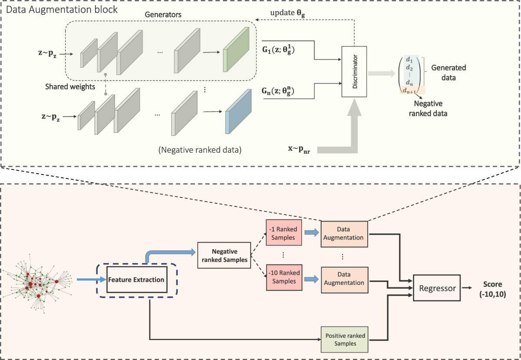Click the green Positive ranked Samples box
[x=344, y=339]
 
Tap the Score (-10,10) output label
[x=493, y=289]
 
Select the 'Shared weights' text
[x=64, y=86]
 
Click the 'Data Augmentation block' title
[x=60, y=9]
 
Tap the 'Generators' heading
[x=163, y=15]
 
